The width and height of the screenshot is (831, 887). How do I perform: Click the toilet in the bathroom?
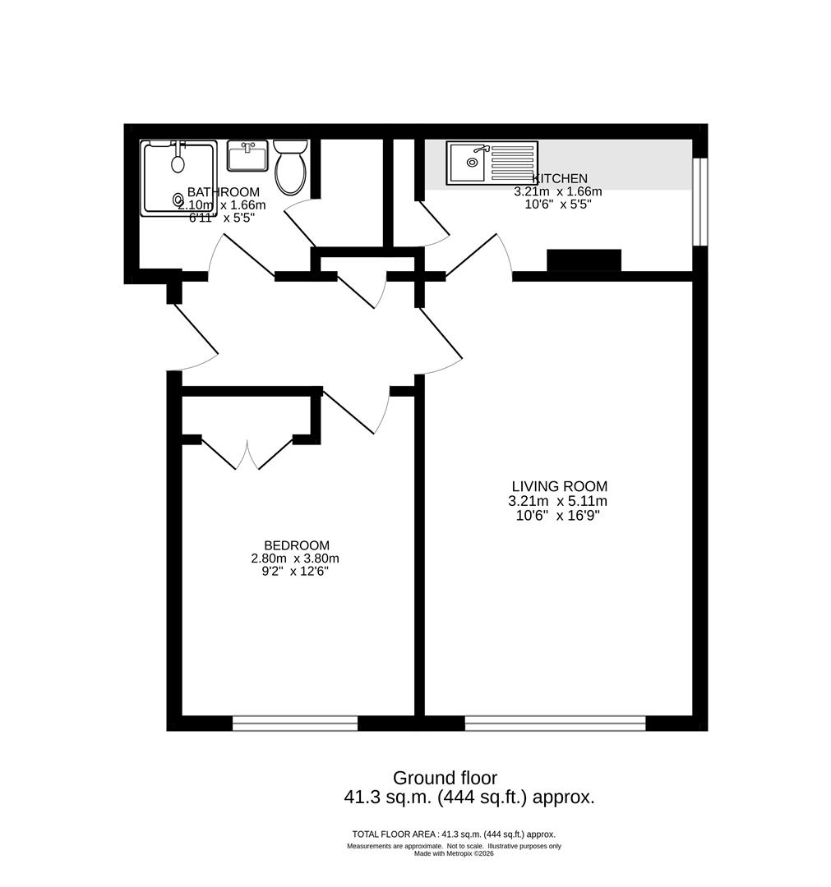click(x=291, y=167)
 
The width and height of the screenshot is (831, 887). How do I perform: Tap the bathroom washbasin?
click(x=247, y=156)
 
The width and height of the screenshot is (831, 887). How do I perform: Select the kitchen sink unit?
click(x=492, y=163)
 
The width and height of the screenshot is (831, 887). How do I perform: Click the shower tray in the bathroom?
click(x=179, y=178)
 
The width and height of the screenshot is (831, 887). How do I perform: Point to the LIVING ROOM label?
click(x=559, y=486)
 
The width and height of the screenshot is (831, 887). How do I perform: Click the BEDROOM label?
click(x=297, y=545)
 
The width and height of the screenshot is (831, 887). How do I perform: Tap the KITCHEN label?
click(x=559, y=179)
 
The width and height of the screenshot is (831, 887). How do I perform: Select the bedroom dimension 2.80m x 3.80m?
click(x=295, y=558)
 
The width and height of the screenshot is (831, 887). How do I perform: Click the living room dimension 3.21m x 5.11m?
click(x=557, y=501)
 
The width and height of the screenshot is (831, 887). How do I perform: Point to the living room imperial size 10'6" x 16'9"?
click(x=557, y=515)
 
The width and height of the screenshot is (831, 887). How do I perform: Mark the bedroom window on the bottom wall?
click(x=295, y=723)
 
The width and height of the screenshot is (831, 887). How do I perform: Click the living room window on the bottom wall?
click(x=556, y=723)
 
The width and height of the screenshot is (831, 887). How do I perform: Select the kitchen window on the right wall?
click(x=701, y=202)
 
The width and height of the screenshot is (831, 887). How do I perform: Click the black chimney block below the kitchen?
click(x=584, y=261)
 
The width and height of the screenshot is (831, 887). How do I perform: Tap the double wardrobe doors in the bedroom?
click(x=247, y=453)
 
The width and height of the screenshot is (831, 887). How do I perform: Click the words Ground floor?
click(x=445, y=778)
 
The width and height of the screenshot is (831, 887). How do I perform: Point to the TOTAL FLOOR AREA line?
click(x=454, y=834)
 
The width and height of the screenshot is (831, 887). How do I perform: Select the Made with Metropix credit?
click(x=454, y=853)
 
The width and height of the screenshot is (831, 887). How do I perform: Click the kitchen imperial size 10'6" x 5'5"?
click(x=558, y=205)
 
